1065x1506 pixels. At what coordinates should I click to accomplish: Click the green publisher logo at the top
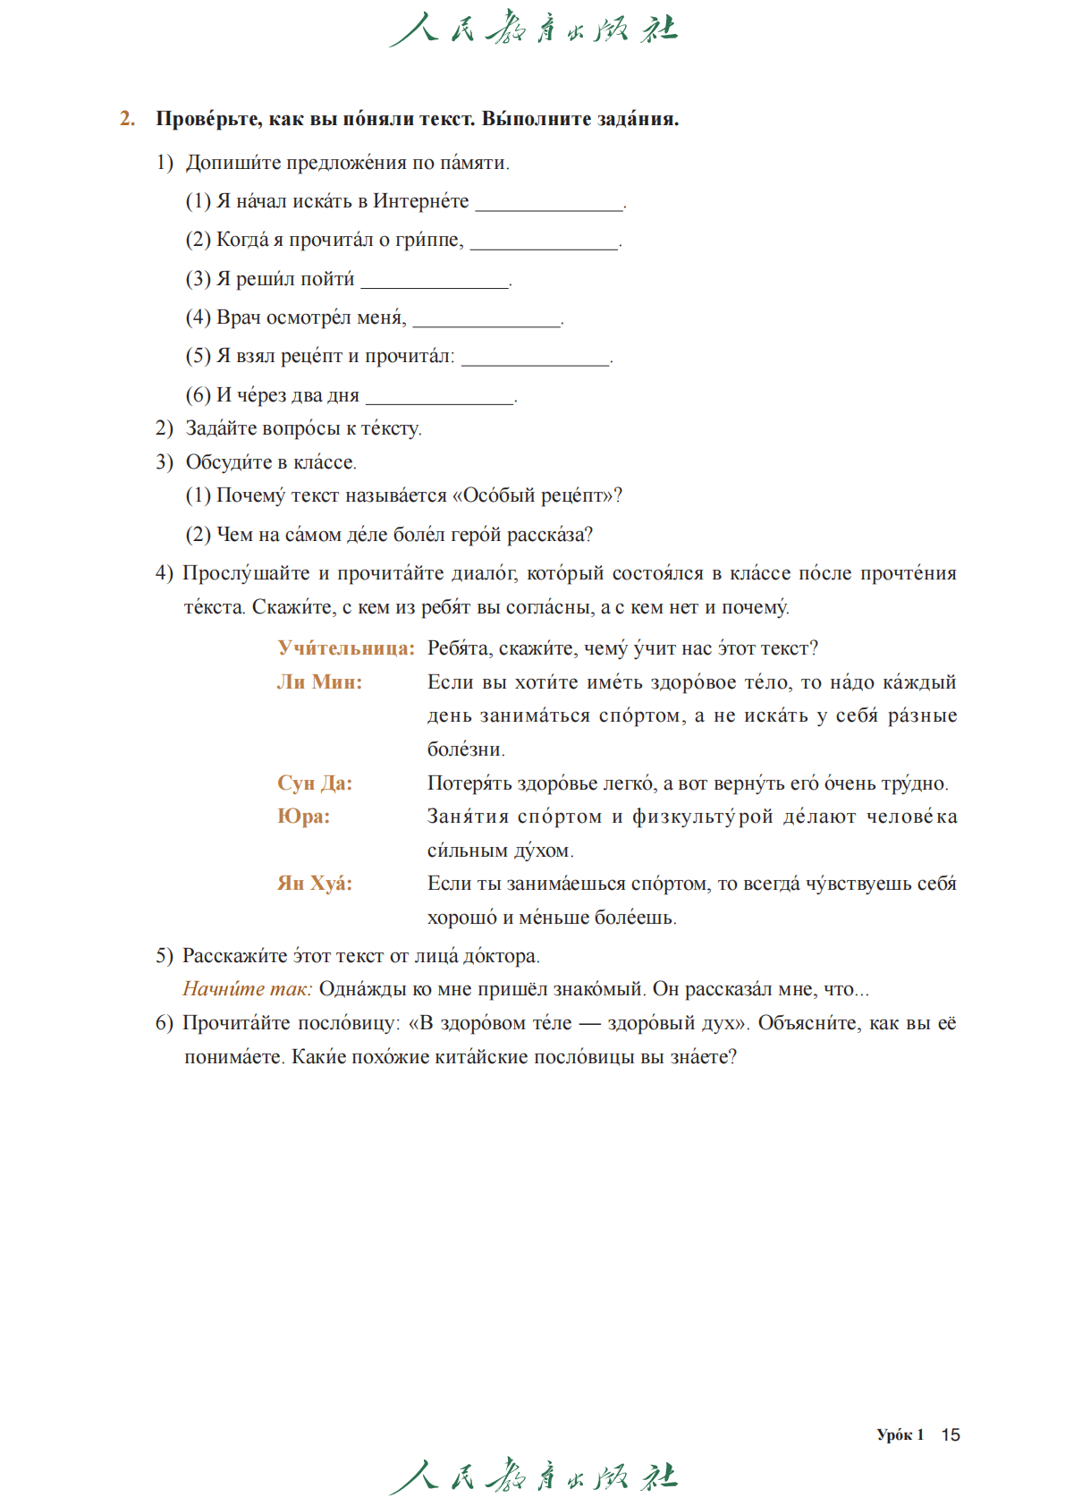coord(534,29)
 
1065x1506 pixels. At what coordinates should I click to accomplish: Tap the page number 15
coord(951,1434)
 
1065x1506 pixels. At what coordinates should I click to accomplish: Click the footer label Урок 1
coord(900,1434)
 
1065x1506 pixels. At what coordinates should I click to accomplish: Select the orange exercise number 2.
coord(128,119)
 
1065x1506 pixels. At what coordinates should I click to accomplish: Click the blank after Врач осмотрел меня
coord(486,321)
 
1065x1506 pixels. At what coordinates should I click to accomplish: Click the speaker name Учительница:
coord(346,648)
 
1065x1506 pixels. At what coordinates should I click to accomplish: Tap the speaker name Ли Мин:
coord(319,682)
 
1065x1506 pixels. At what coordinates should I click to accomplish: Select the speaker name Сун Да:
coord(315,783)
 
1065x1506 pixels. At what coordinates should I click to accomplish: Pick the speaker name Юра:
coord(303,816)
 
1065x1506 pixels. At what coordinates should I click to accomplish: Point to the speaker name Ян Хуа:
coord(315,884)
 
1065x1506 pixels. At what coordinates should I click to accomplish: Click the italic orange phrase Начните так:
coord(248,989)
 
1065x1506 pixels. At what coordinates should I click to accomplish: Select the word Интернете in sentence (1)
coord(420,201)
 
